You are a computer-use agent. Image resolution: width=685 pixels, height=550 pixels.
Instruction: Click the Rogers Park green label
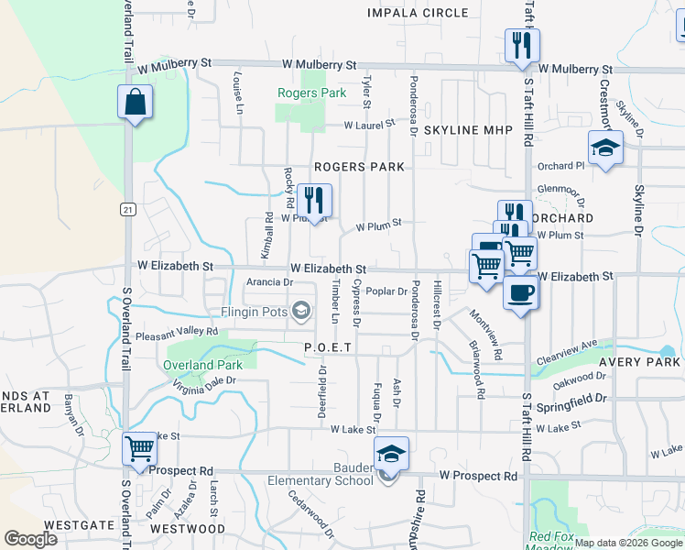pos(312,93)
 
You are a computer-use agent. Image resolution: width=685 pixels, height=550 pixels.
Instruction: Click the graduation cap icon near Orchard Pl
pos(604,149)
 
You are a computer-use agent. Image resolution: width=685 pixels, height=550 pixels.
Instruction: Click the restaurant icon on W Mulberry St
pos(522,45)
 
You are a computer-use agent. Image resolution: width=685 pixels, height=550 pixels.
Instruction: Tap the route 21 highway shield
pos(128,209)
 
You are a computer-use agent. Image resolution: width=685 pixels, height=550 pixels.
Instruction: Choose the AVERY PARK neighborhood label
pos(641,362)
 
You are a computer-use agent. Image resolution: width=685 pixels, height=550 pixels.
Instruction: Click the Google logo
pos(30,539)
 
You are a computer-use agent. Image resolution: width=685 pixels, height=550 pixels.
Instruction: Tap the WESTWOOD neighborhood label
pos(187,529)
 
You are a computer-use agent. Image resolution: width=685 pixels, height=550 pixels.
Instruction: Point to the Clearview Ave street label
pos(568,350)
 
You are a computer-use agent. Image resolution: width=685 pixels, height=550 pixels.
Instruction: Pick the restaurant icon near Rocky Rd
pos(313,201)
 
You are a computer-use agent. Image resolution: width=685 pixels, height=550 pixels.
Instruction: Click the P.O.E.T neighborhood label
pos(329,348)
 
